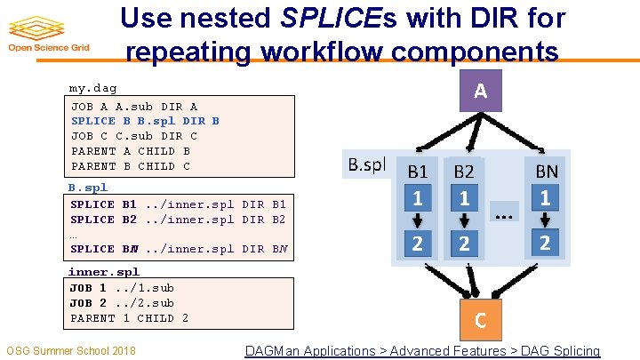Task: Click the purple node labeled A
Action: point(480,91)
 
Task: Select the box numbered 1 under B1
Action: point(418,198)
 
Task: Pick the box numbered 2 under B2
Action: point(464,242)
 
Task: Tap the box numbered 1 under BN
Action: point(545,198)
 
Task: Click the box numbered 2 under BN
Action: point(545,242)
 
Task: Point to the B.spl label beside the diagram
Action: point(365,164)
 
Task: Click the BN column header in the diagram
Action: point(545,171)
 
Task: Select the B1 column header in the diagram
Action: point(418,171)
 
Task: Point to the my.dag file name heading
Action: point(92,88)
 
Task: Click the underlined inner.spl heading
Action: point(104,272)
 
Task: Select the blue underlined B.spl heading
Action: point(87,188)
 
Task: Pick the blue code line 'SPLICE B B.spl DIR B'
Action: point(145,121)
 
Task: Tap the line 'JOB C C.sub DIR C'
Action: point(134,136)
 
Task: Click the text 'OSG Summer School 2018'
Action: point(71,351)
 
